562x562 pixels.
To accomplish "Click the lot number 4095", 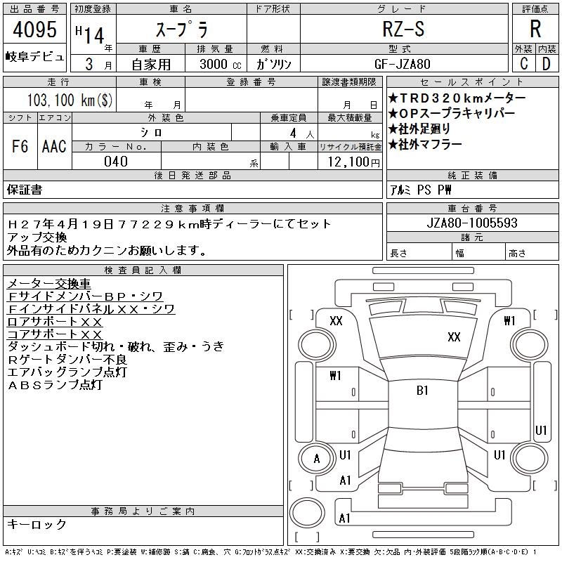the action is [x=34, y=30].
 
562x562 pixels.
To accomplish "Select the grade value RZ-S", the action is [x=403, y=29].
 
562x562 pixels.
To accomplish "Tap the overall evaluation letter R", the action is [x=535, y=29].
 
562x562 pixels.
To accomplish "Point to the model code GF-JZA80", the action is [x=402, y=64].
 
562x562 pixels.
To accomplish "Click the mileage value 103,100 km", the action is [x=70, y=100].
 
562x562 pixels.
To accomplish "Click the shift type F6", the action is [x=20, y=146].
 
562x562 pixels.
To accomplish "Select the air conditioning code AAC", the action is [x=54, y=146].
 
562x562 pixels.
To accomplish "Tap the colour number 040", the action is [x=116, y=162].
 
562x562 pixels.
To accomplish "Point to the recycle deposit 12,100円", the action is [x=354, y=162].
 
